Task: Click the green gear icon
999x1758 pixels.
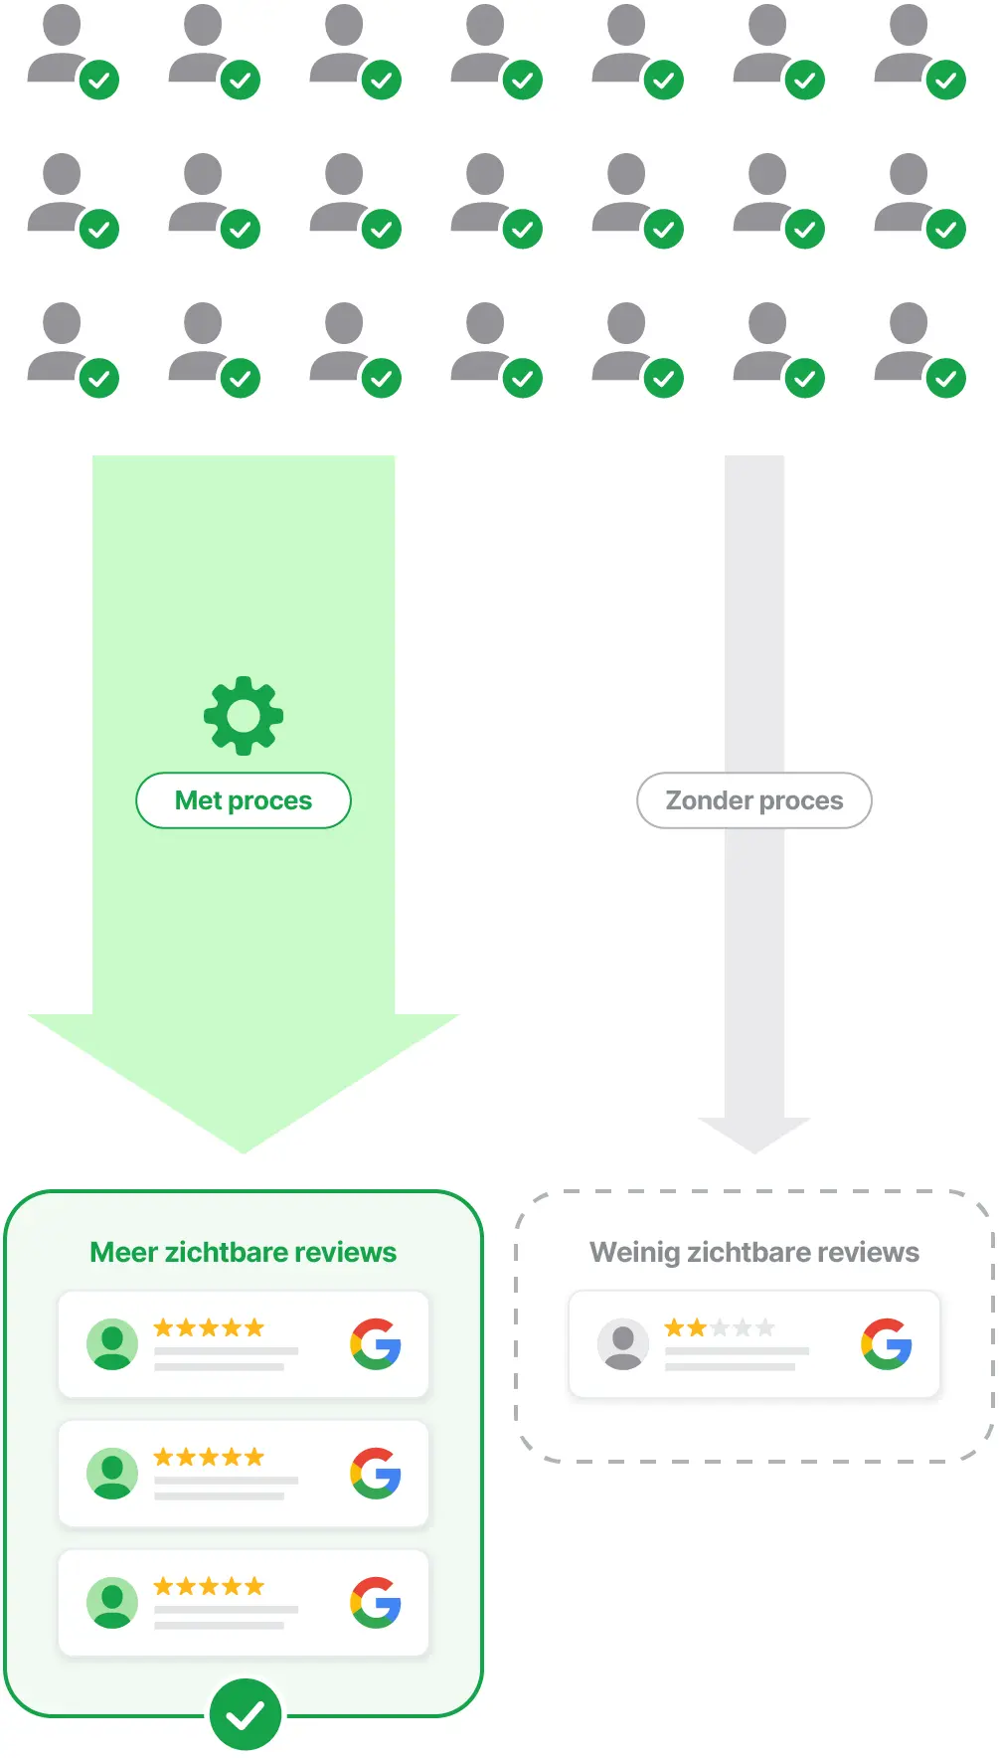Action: (244, 715)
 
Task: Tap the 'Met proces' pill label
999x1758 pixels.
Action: (244, 800)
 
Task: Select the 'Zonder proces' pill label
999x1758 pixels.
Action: (754, 800)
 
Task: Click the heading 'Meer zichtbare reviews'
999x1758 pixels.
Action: (244, 1252)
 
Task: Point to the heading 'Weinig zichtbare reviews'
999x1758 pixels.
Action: (754, 1252)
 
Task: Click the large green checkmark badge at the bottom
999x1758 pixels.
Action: (245, 1714)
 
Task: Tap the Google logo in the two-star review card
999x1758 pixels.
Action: (887, 1344)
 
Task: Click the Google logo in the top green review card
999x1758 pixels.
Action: (376, 1344)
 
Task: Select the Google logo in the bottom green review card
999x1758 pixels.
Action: (376, 1602)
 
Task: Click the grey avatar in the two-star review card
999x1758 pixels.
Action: (623, 1344)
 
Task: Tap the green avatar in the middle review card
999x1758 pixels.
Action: (112, 1474)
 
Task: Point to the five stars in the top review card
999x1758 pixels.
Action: (209, 1327)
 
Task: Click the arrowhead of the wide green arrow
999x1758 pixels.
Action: (244, 1084)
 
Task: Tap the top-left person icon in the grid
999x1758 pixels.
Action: (73, 51)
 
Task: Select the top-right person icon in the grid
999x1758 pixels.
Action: (919, 51)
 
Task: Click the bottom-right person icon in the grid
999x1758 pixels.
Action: (919, 349)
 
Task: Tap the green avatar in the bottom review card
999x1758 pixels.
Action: (112, 1602)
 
